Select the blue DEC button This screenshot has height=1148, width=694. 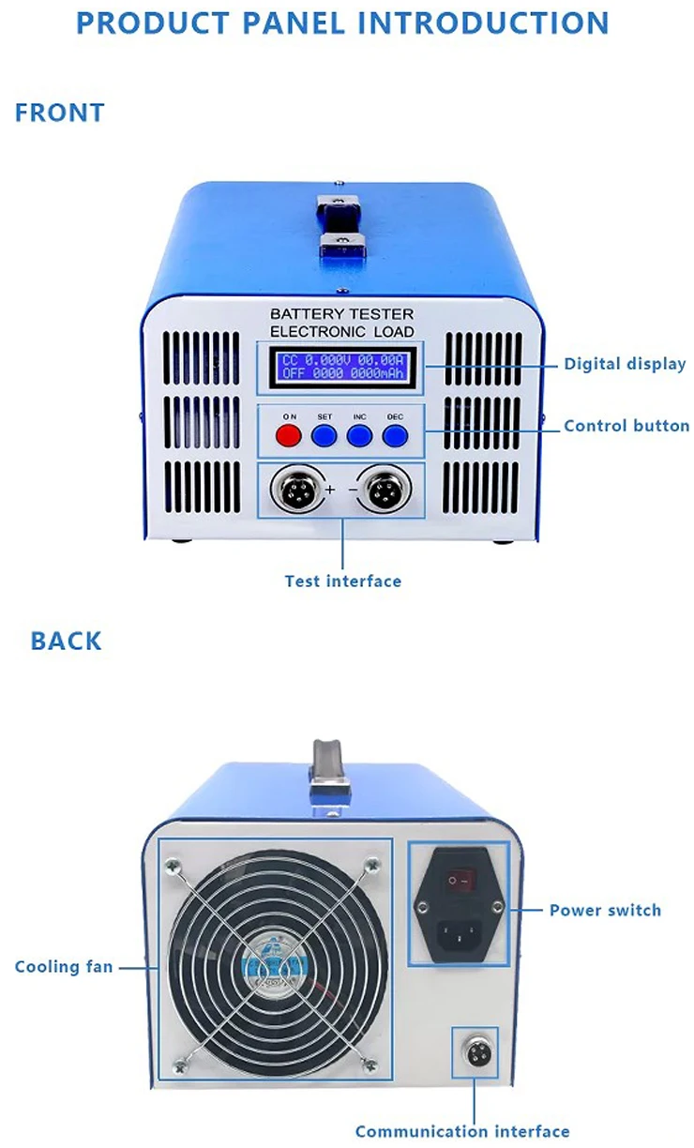tap(395, 435)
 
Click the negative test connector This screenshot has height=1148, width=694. tap(384, 489)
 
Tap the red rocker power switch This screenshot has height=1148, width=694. tap(459, 881)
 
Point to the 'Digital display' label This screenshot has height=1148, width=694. tap(625, 364)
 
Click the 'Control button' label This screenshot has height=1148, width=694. tap(626, 426)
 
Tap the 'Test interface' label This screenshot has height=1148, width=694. tap(342, 582)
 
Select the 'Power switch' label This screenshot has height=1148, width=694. tap(605, 910)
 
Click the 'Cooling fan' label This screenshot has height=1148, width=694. tap(64, 966)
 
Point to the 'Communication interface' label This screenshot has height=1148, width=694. tap(462, 1131)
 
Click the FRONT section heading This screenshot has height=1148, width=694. tap(60, 113)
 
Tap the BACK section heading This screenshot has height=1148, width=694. tap(67, 642)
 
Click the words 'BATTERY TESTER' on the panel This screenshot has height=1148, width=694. tap(341, 314)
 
